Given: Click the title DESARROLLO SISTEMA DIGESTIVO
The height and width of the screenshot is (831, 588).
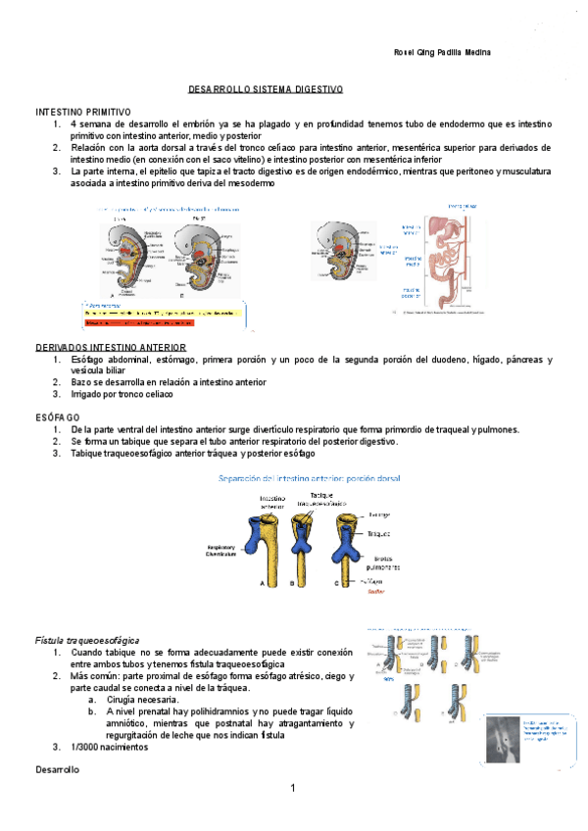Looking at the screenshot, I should click(266, 89).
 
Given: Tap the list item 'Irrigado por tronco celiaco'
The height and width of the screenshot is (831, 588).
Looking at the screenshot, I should click(122, 395).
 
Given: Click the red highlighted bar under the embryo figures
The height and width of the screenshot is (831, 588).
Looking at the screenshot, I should click(162, 321).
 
